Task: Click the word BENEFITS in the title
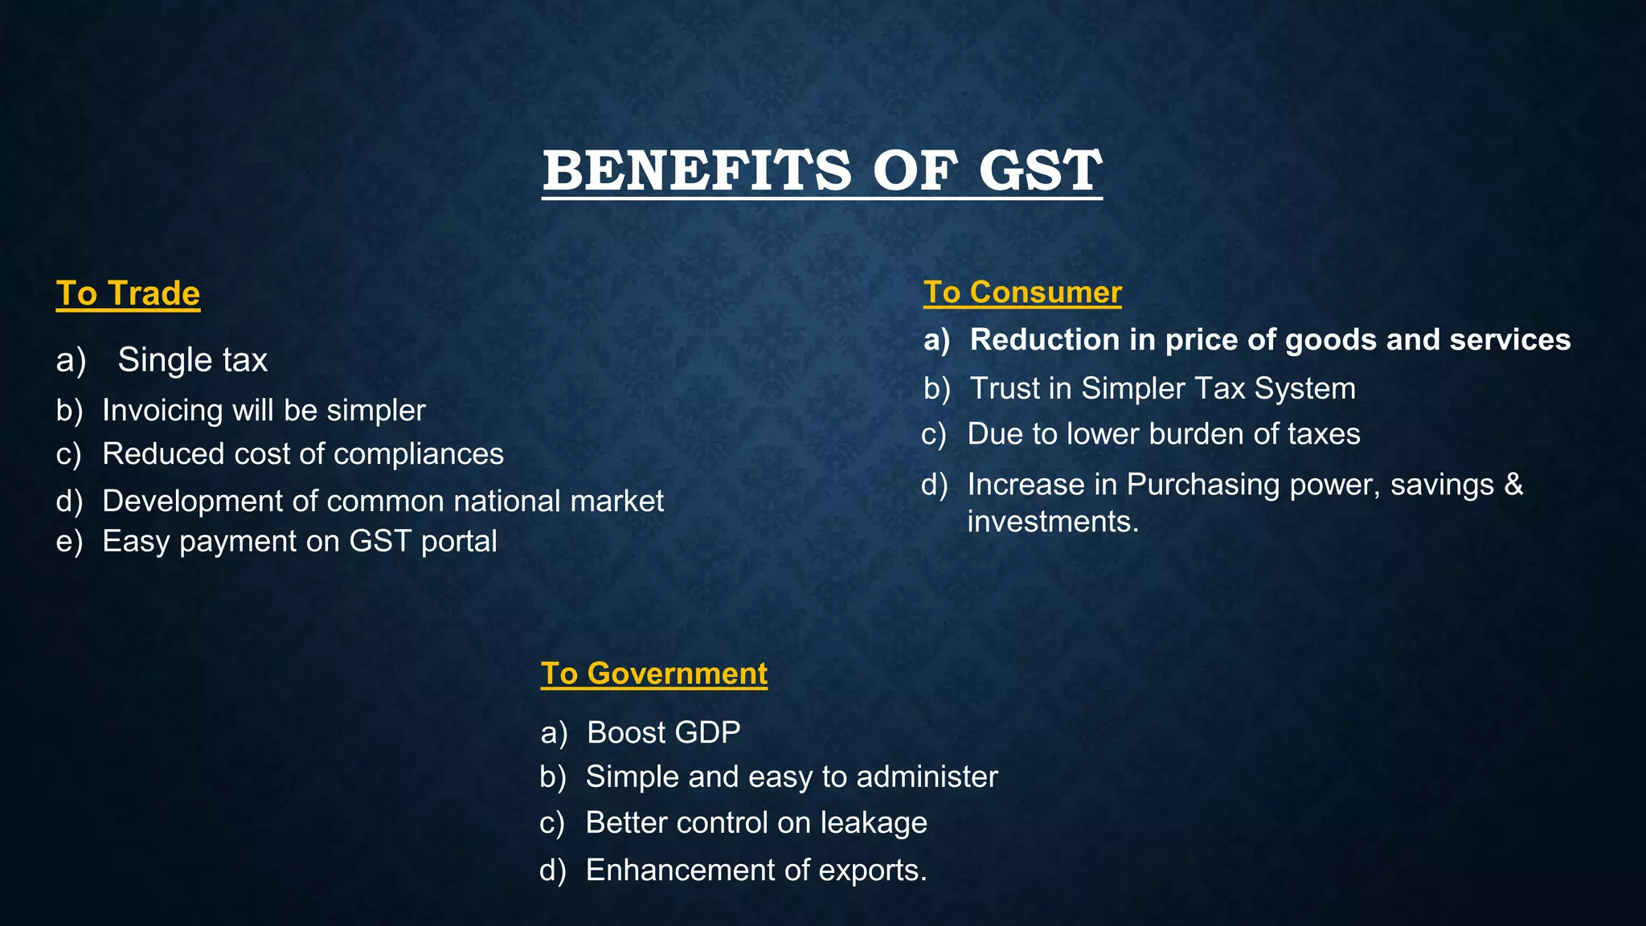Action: [696, 171]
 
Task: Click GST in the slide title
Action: [1040, 171]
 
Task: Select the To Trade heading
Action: [128, 293]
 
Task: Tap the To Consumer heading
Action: [1022, 292]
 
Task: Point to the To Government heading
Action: [653, 674]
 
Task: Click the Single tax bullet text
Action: [192, 360]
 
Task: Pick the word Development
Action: [192, 502]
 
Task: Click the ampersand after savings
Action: [1513, 485]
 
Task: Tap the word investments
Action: [1052, 522]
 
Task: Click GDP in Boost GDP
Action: [707, 733]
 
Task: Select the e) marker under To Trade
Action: [69, 542]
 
